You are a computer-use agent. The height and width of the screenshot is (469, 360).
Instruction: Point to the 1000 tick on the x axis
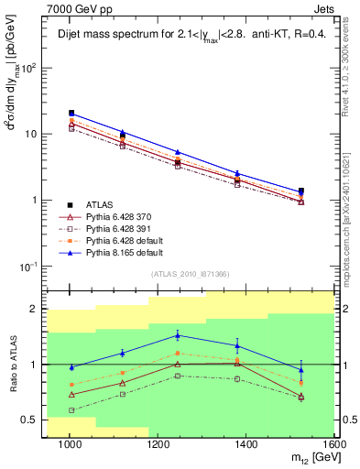[70, 446]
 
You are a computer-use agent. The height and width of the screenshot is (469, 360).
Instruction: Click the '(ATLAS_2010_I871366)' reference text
[191, 274]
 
